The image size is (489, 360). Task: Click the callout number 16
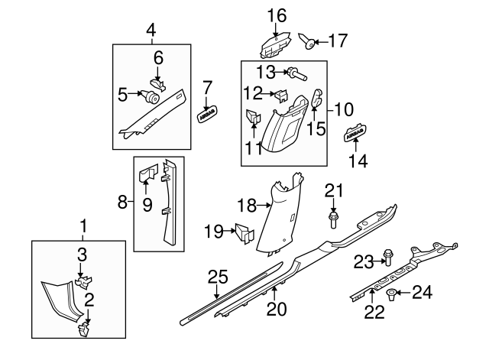276,15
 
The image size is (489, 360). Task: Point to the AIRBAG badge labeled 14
353,135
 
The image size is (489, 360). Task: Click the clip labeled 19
244,232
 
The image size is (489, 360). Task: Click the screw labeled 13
293,74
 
